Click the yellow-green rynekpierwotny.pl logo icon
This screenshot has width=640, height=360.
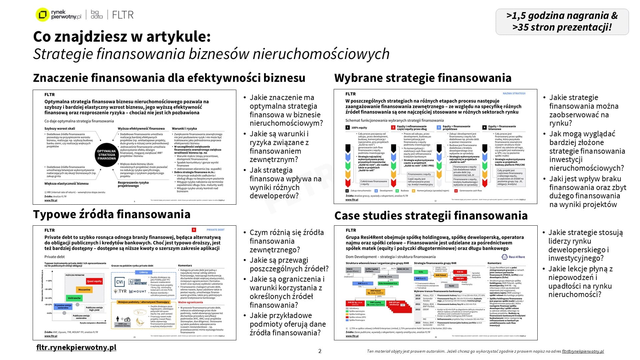tap(42, 15)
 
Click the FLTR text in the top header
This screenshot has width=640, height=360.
tap(123, 15)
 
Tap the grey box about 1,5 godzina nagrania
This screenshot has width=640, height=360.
tap(562, 22)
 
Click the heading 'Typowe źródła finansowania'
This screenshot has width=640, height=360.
tap(112, 214)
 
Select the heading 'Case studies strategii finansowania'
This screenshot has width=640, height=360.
tap(431, 216)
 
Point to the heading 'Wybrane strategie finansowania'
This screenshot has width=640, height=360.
tap(423, 78)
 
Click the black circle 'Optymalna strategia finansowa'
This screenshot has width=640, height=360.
tap(107, 155)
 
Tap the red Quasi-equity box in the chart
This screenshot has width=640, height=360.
tap(94, 281)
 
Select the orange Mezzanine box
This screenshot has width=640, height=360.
tap(84, 290)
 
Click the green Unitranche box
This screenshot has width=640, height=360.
tap(74, 298)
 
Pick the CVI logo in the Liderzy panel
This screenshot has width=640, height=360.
tap(119, 282)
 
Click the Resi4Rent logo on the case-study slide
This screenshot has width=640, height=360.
tap(513, 257)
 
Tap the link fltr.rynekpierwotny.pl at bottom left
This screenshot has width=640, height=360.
tap(76, 347)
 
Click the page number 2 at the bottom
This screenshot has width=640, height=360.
tap(320, 351)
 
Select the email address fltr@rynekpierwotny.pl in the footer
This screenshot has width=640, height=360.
tap(583, 351)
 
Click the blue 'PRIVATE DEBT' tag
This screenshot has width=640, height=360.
tap(215, 230)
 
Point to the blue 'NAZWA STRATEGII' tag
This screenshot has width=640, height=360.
tap(514, 94)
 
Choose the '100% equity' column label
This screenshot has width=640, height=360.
tap(359, 128)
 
